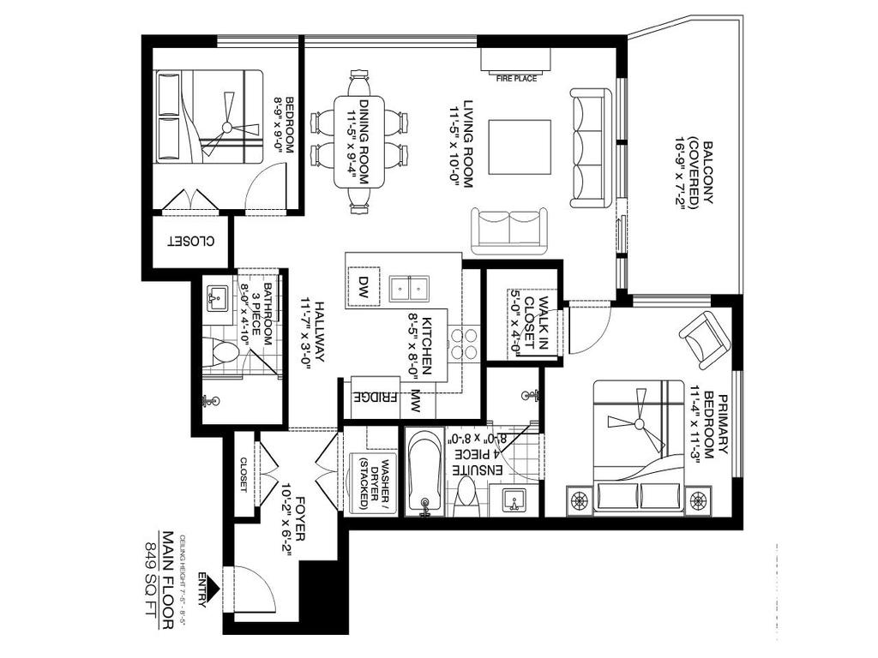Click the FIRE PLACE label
tap(516, 79)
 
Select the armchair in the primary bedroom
tap(705, 338)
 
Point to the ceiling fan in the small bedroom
tap(226, 127)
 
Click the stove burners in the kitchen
tap(464, 342)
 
